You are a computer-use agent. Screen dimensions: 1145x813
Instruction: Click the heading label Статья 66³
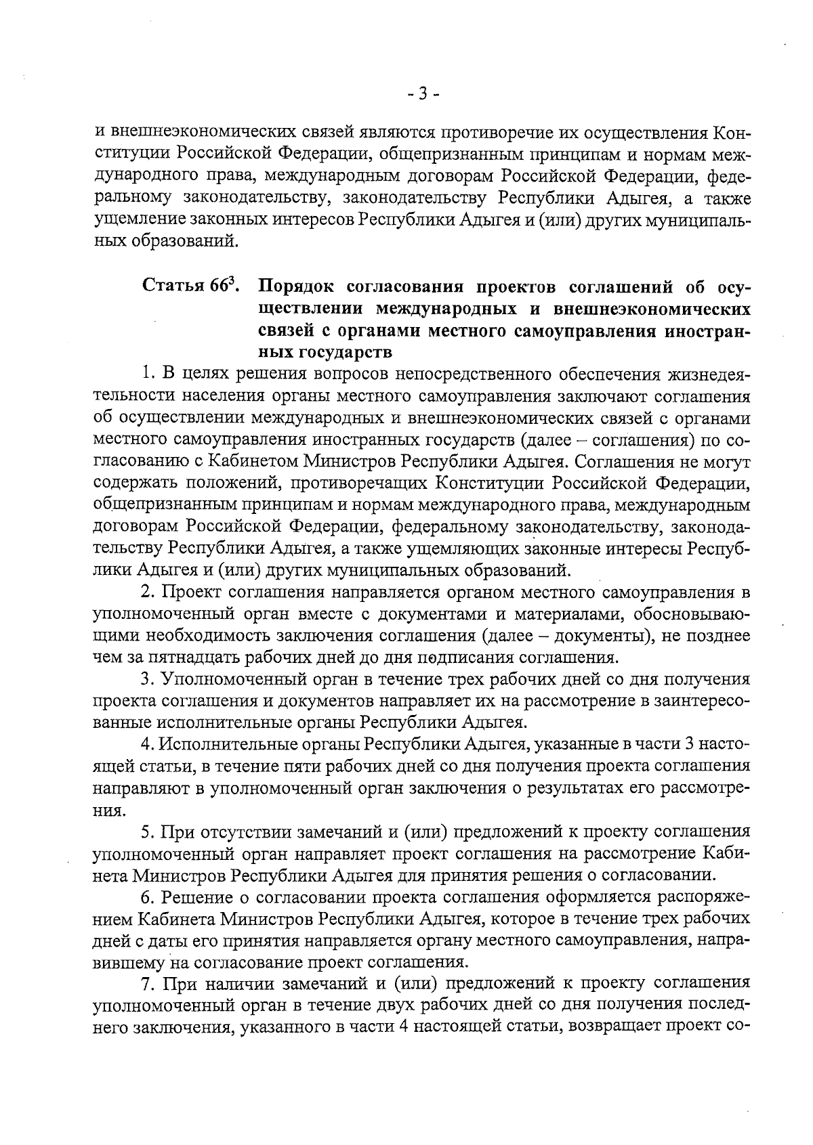(189, 286)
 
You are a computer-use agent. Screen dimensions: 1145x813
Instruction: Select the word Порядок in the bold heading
(292, 286)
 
